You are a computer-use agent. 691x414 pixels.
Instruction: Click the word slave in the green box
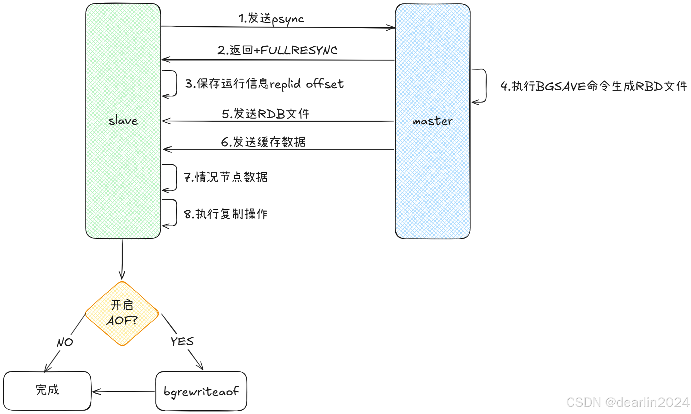[x=123, y=121]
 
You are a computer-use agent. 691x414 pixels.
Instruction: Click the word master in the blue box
[x=432, y=121]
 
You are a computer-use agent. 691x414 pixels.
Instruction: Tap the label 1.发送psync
[x=271, y=19]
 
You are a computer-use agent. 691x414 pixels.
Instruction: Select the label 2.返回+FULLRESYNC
[x=277, y=50]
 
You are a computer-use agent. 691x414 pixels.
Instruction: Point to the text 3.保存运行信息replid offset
[x=264, y=84]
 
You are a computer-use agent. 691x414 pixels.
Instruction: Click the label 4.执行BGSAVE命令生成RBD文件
[x=594, y=86]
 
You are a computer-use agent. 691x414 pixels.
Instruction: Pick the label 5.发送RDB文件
[x=265, y=114]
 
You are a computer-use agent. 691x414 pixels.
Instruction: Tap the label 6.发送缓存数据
[x=263, y=142]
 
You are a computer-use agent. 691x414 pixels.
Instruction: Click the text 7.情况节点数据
[x=226, y=177]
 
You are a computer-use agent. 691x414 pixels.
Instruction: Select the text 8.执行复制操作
[x=226, y=214]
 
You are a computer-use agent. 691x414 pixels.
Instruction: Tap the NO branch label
[x=65, y=342]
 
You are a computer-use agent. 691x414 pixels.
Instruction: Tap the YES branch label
[x=182, y=341]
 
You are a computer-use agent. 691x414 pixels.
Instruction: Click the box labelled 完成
[x=47, y=390]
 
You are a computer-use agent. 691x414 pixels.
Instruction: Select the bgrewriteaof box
[x=201, y=391]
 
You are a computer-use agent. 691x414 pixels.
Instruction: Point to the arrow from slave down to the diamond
[x=122, y=259]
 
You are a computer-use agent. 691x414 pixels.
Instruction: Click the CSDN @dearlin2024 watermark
[x=628, y=402]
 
